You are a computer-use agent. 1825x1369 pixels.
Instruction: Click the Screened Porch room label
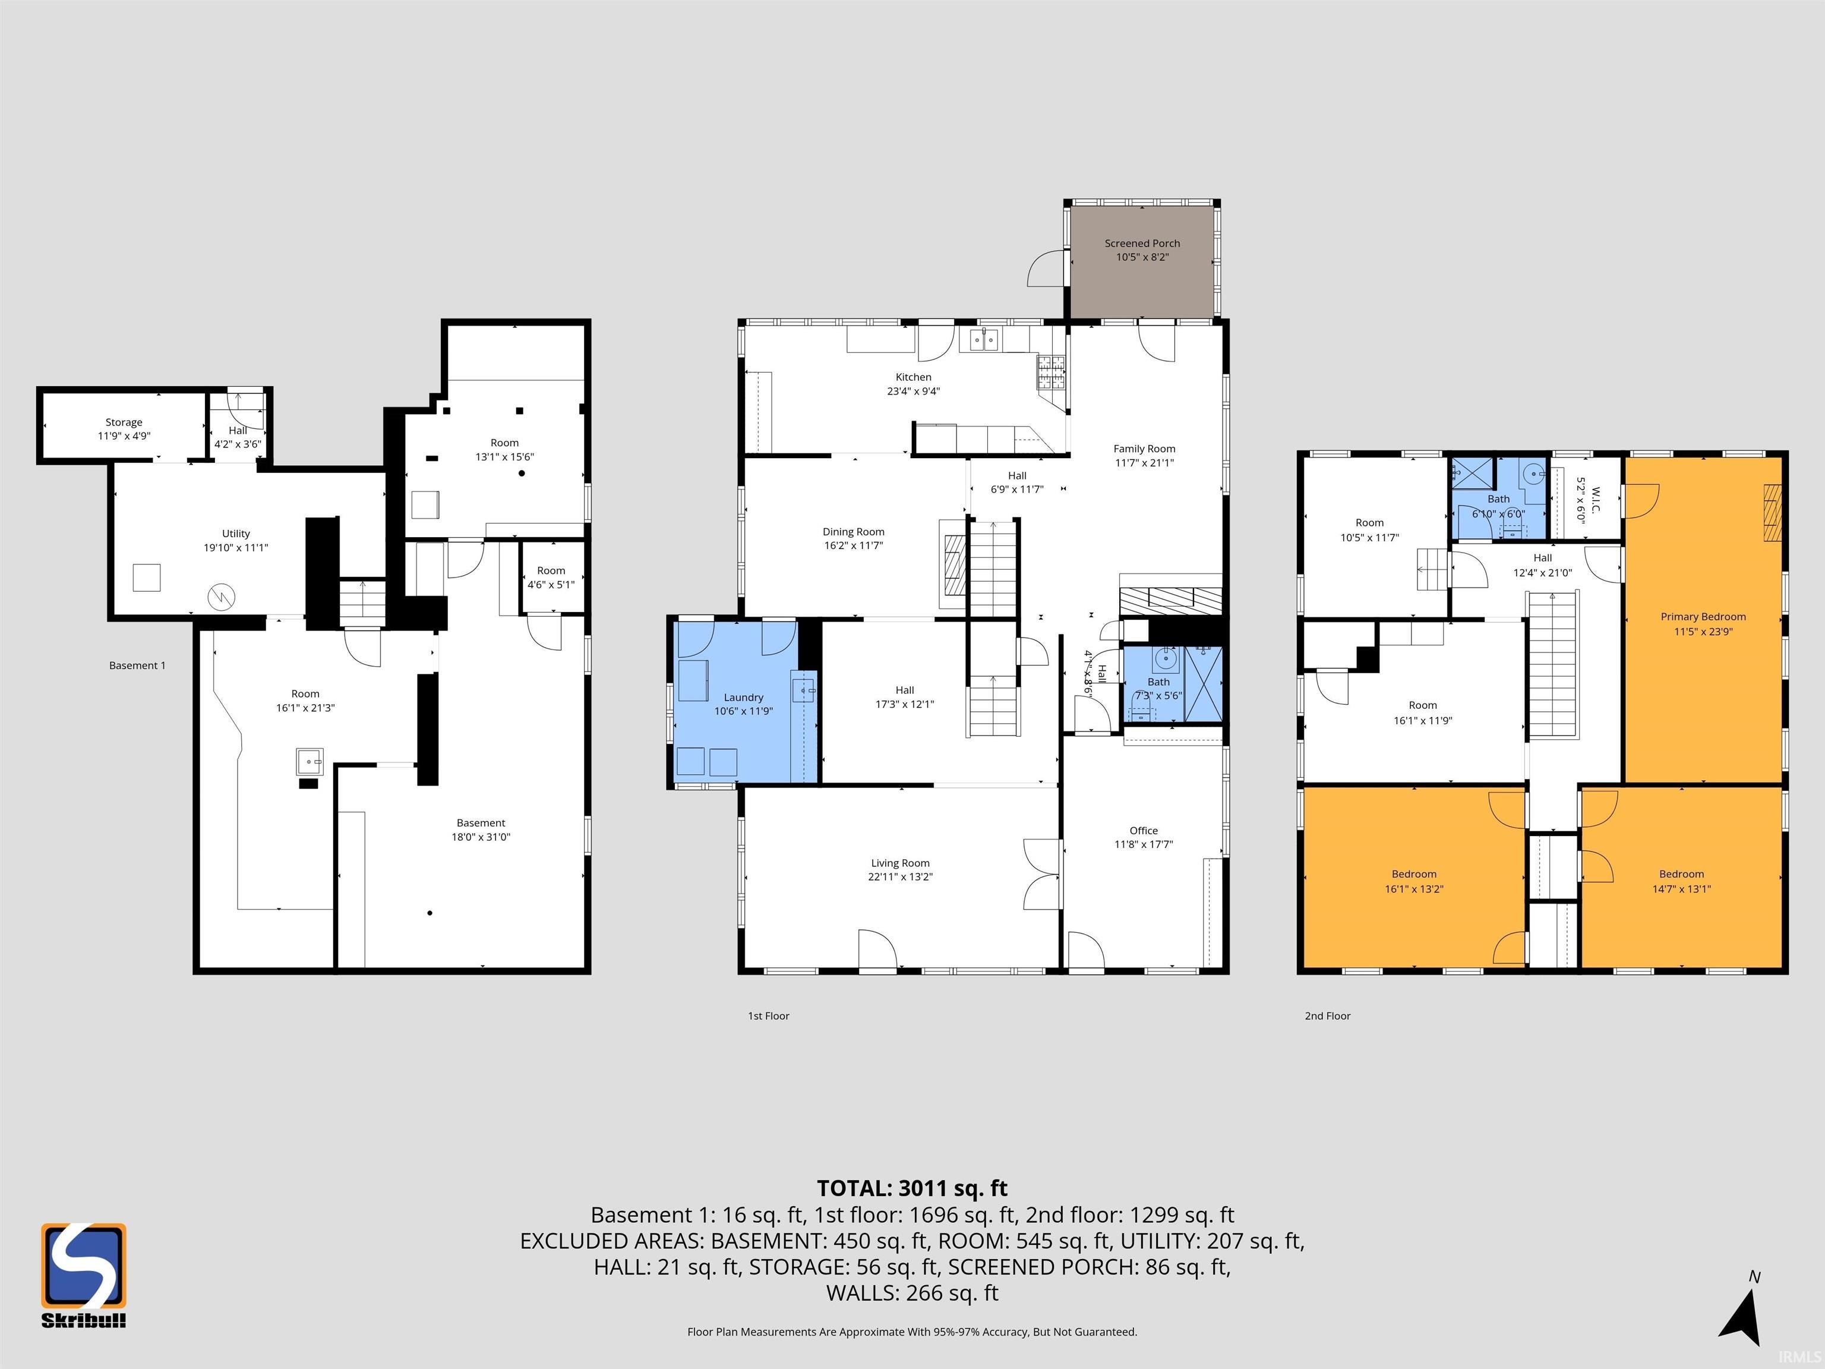1142,244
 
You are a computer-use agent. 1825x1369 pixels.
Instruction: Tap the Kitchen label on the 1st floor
913,377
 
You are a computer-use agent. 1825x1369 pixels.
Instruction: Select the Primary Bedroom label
1703,616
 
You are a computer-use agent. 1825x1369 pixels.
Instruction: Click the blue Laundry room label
743,698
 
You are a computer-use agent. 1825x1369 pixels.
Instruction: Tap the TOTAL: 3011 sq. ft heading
912,1188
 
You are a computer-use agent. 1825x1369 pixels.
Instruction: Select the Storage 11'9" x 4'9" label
124,429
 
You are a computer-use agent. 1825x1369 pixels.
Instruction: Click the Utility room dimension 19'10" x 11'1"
236,548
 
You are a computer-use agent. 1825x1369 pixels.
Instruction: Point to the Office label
1144,830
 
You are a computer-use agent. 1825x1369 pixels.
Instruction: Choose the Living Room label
899,863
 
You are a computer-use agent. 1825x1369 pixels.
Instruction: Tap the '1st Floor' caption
768,1016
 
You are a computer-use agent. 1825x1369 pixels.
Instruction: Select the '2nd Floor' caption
1328,1016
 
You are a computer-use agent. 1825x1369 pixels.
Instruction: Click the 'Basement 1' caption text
137,665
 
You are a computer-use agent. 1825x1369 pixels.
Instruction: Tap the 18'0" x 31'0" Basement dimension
481,837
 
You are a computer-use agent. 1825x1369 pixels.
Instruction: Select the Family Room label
1144,449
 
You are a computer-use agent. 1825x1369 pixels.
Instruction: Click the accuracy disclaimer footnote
912,1332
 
